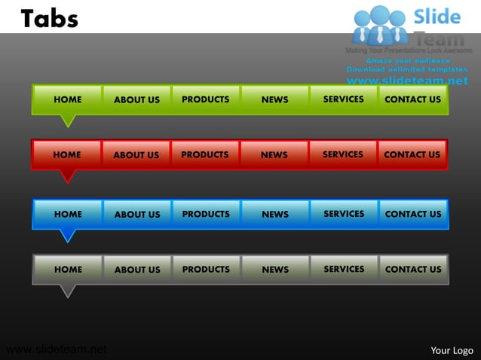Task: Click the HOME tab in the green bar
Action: (x=68, y=99)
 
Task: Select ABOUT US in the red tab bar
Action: (x=136, y=155)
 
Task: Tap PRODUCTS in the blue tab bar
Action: (x=206, y=214)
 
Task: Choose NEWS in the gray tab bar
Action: (x=275, y=270)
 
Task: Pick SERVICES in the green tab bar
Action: (x=344, y=99)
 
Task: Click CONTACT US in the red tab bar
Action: (x=412, y=155)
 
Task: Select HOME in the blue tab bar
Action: (x=68, y=214)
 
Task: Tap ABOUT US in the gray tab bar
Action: (x=137, y=270)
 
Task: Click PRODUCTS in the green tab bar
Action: (x=206, y=99)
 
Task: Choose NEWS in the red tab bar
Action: (x=274, y=155)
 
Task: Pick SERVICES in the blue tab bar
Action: (x=344, y=214)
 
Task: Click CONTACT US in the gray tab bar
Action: (x=413, y=270)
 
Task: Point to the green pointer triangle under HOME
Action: (x=68, y=120)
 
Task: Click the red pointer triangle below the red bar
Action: (x=68, y=175)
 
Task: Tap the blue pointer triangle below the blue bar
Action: (x=68, y=235)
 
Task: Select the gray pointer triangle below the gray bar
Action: (x=68, y=290)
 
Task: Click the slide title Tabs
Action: (x=50, y=18)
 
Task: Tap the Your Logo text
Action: (x=452, y=350)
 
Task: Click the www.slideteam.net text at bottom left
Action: (x=56, y=349)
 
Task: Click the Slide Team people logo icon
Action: (x=380, y=24)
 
